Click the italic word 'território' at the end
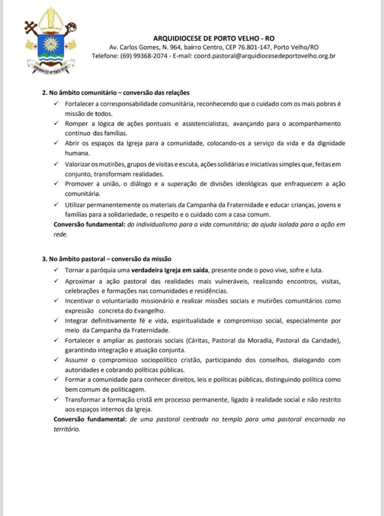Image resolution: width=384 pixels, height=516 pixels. [67, 429]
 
